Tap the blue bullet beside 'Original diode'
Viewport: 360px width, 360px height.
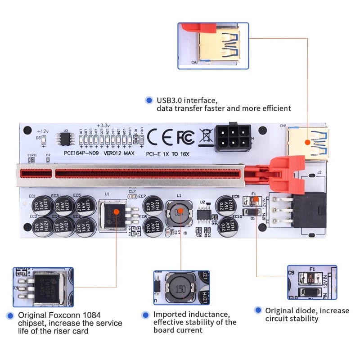[x=258, y=310]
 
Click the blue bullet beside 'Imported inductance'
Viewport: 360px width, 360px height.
[x=145, y=315]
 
